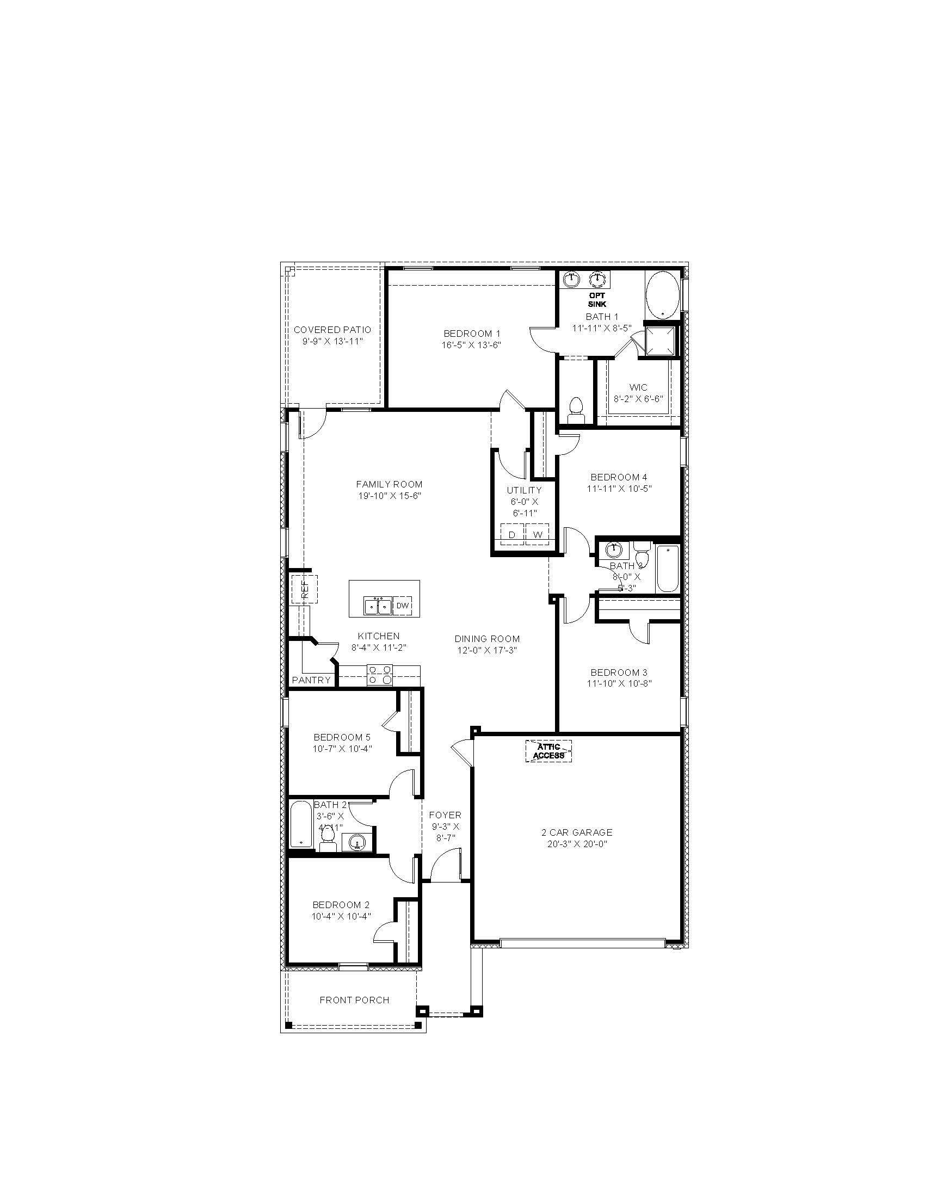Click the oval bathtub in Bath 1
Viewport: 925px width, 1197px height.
(x=662, y=294)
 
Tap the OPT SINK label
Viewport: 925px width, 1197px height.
(x=597, y=299)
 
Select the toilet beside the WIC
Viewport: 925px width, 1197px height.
(x=575, y=408)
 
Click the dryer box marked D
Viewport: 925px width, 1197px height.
(x=512, y=534)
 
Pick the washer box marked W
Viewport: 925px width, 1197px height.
(x=538, y=534)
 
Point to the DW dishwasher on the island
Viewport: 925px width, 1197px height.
(x=402, y=606)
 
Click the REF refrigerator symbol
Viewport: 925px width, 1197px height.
(x=305, y=589)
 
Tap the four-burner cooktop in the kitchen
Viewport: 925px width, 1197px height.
(x=379, y=675)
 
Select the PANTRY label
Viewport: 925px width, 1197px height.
(x=311, y=680)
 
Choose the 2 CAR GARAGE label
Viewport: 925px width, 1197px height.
(x=576, y=832)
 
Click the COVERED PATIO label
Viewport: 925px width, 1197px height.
(x=332, y=329)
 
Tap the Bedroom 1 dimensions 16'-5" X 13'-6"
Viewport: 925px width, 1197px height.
(x=471, y=345)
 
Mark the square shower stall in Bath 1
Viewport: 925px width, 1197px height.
(x=661, y=341)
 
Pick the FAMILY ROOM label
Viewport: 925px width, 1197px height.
(x=389, y=484)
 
